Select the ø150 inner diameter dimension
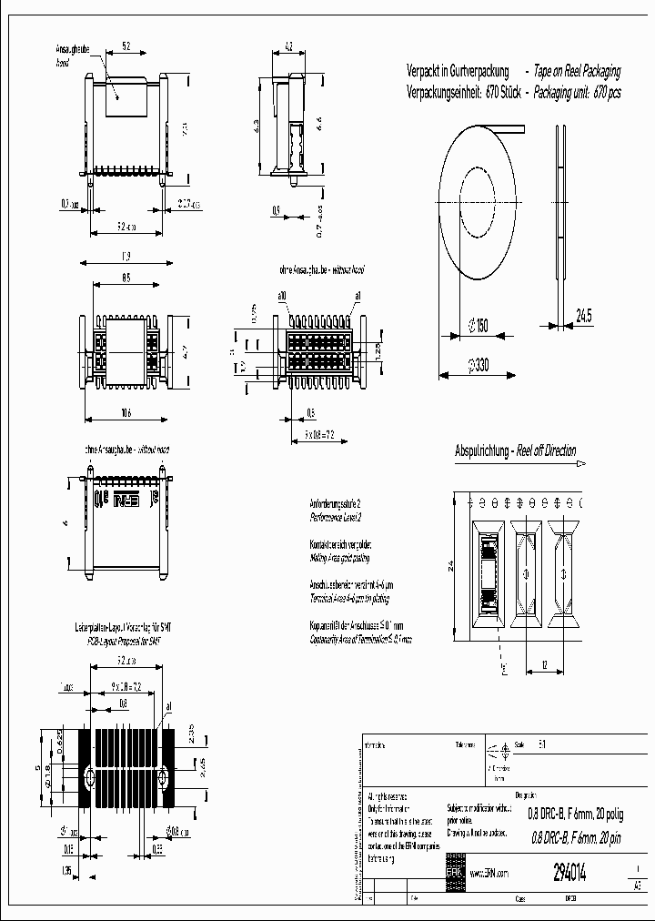pos(477,325)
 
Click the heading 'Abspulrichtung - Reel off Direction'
pos(515,451)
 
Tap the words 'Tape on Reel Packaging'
pos(577,71)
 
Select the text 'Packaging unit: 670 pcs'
pos(577,93)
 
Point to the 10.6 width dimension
pos(126,412)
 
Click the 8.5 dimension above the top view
pos(126,278)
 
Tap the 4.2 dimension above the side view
pos(287,44)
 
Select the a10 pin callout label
pos(282,297)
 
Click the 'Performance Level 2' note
pos(336,517)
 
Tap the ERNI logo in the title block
pos(454,871)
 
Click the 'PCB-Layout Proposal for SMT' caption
pos(119,641)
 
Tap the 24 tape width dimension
pos(451,566)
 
